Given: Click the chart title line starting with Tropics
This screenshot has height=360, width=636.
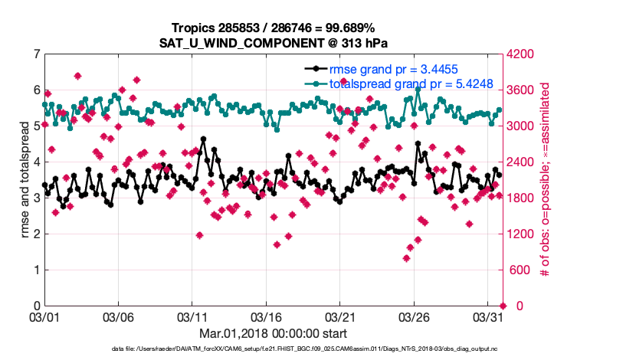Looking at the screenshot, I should pyautogui.click(x=273, y=26).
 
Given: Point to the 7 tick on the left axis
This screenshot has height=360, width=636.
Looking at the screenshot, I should pyautogui.click(x=36, y=54).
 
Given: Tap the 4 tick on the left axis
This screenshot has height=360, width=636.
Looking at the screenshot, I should pyautogui.click(x=36, y=162).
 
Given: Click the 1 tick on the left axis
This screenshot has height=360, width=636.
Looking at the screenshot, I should pyautogui.click(x=36, y=270).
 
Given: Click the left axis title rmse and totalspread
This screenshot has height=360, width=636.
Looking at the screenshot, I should pyautogui.click(x=24, y=180).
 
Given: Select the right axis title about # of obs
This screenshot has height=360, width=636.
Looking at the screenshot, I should pyautogui.click(x=546, y=180).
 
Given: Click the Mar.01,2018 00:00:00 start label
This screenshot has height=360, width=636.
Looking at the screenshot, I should pyautogui.click(x=273, y=333).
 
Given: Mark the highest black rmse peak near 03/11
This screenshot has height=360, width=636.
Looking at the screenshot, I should pyautogui.click(x=203, y=139).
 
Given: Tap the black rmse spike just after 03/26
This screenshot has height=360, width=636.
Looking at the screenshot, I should pyautogui.click(x=418, y=143).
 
